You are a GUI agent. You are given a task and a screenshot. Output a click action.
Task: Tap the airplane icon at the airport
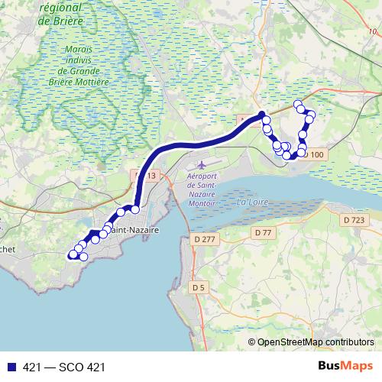[x=202, y=164]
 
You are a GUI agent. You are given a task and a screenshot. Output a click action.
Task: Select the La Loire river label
[x=253, y=202]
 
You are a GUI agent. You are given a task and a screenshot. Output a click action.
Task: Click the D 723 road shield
[x=354, y=219]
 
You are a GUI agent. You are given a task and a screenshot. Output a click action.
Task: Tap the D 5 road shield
[x=199, y=286]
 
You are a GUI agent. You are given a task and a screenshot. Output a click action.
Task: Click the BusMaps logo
[x=345, y=366]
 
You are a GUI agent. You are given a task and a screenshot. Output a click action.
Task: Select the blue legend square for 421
[x=11, y=367]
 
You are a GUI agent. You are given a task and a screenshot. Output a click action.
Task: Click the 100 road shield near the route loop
[x=317, y=155]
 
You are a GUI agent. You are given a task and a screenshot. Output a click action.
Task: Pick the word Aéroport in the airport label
[x=202, y=176]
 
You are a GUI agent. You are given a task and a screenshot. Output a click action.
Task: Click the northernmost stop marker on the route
[x=299, y=105]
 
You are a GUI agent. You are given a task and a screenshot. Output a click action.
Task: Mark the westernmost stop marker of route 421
[x=73, y=254]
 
